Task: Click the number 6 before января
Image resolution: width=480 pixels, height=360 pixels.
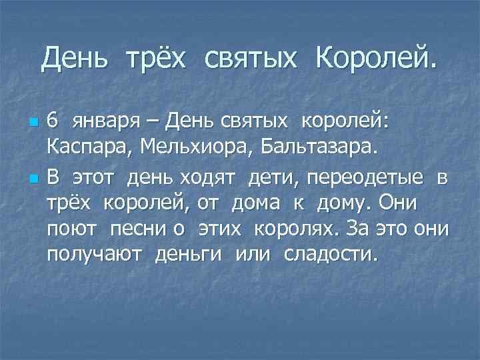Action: point(53,121)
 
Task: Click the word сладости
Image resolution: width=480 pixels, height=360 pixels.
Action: point(330,255)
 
